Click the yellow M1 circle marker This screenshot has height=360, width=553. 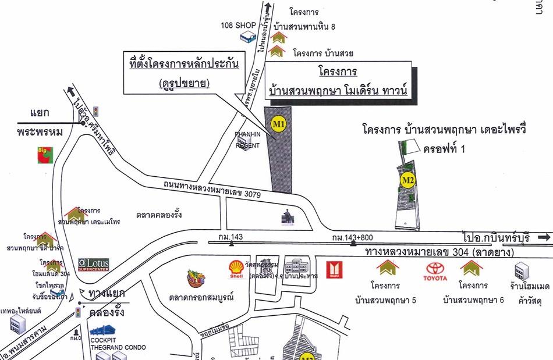click(x=279, y=123)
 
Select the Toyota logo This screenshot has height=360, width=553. click(x=435, y=270)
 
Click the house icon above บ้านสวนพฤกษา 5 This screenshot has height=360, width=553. click(x=387, y=268)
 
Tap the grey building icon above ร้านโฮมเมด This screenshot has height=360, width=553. click(x=521, y=270)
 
